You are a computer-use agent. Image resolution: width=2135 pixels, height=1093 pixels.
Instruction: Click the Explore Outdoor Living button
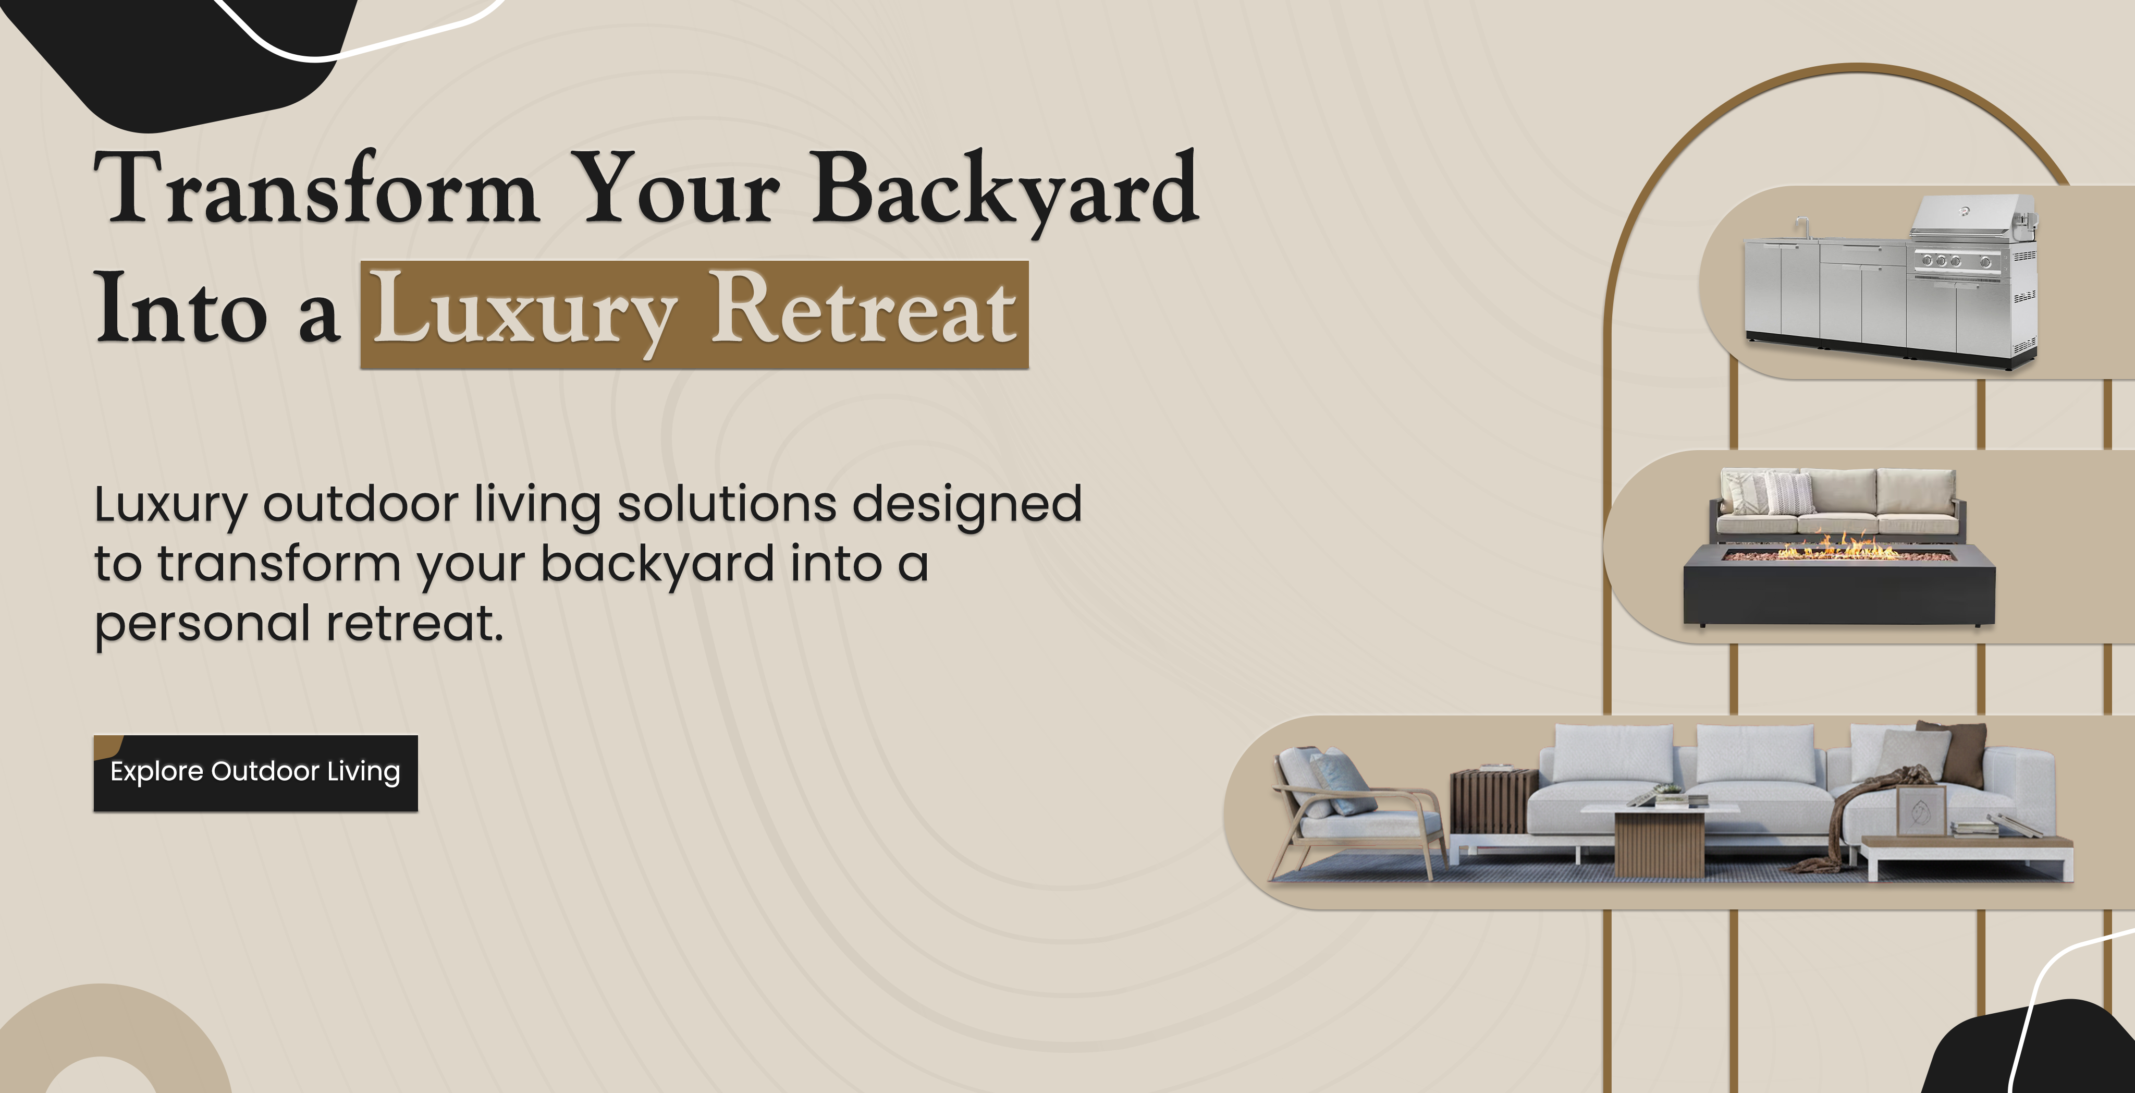pyautogui.click(x=255, y=773)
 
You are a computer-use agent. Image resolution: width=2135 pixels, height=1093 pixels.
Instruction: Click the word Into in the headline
pyautogui.click(x=181, y=307)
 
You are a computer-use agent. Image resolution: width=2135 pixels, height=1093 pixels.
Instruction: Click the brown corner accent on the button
pyautogui.click(x=107, y=746)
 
